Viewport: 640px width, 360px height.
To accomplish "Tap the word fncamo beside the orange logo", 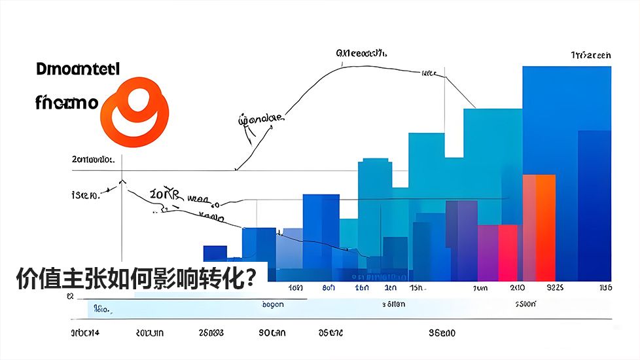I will [x=67, y=102].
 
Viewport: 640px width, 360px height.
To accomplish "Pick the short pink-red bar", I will [x=508, y=252].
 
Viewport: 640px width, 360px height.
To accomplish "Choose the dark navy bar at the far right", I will [x=594, y=203].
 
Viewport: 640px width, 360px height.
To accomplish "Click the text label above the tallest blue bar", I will [x=590, y=56].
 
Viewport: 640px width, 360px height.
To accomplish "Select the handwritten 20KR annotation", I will [x=163, y=194].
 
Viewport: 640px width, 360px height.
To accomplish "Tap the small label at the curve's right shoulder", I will [x=429, y=73].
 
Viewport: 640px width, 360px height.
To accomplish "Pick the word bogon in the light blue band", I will [x=272, y=304].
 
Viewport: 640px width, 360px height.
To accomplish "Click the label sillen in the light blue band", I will [x=393, y=304].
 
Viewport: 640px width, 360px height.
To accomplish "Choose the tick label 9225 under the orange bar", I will [x=555, y=288].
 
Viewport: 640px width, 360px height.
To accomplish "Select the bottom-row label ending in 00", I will [x=442, y=333].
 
